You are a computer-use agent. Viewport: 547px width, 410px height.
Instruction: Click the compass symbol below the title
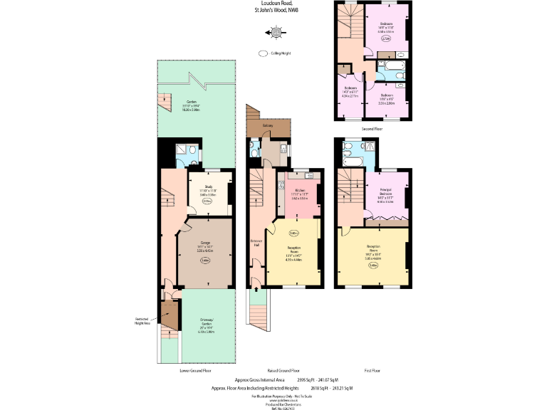[x=276, y=31]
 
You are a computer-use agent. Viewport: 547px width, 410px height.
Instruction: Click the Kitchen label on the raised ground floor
[x=299, y=189]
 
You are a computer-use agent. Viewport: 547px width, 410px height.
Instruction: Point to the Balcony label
[x=268, y=126]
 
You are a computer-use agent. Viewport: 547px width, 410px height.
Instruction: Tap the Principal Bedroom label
[x=385, y=192]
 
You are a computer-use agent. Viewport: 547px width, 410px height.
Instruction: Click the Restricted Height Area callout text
[x=143, y=320]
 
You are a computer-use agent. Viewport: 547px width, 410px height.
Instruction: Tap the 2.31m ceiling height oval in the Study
[x=207, y=201]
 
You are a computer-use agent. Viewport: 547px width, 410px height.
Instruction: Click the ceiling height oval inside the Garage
[x=205, y=261]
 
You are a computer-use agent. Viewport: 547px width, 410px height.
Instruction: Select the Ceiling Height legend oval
[x=262, y=53]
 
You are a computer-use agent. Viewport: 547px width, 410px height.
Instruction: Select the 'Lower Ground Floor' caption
[x=195, y=371]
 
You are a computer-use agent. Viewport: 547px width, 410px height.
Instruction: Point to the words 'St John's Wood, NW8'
[x=276, y=10]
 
